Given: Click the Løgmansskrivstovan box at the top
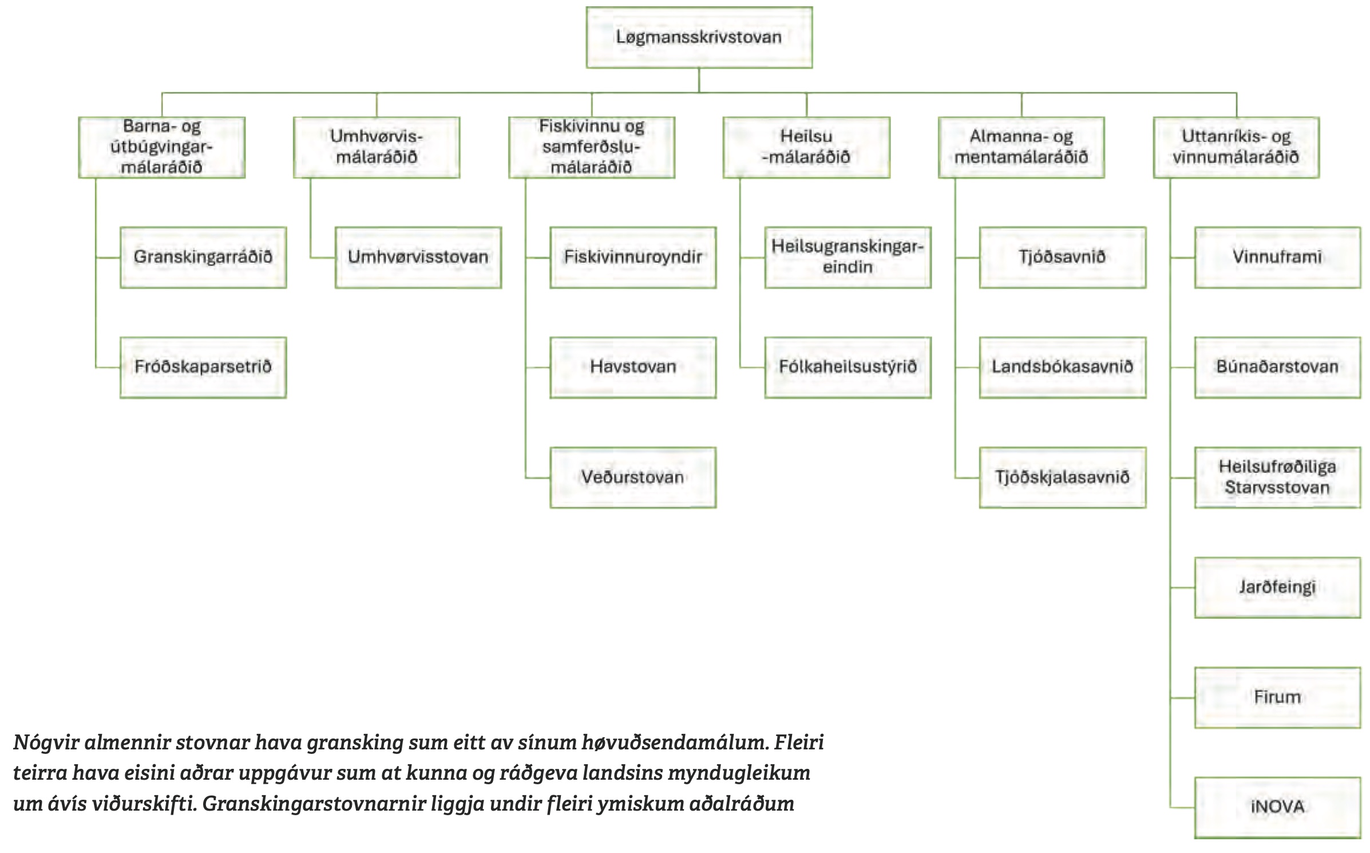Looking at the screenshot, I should click(x=699, y=38).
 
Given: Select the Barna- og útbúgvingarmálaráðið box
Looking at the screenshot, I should click(x=162, y=147).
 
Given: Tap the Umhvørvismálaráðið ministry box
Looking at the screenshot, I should click(x=377, y=147).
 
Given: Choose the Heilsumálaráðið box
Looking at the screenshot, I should click(x=806, y=147).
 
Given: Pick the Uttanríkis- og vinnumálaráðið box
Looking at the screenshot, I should click(x=1236, y=147).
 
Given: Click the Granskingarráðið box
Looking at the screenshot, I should click(x=203, y=257).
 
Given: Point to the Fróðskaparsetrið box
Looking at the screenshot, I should click(x=203, y=367).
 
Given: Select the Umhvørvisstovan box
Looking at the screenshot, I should click(x=418, y=257).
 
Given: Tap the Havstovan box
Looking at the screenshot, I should click(x=633, y=367).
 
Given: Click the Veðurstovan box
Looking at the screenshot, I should click(x=633, y=477).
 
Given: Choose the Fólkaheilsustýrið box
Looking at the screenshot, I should click(x=848, y=367).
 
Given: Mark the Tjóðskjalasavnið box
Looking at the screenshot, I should click(x=1063, y=477).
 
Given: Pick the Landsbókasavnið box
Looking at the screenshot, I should click(x=1063, y=367).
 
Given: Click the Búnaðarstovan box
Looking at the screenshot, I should click(x=1277, y=367).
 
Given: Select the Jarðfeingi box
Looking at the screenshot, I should click(x=1277, y=587).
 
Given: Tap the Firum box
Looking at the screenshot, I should click(x=1277, y=697).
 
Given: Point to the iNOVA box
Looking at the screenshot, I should click(x=1277, y=807).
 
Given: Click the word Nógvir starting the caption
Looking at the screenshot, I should click(x=46, y=743).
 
